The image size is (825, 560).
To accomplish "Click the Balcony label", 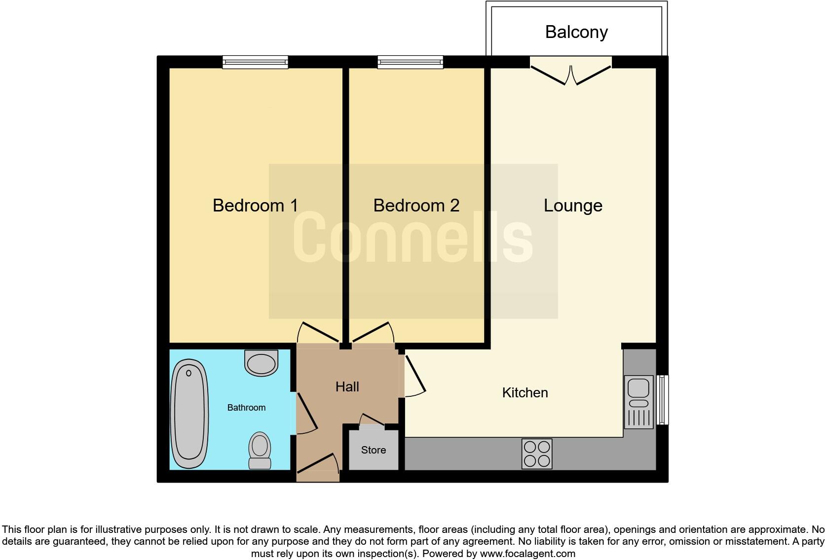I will point(576,32).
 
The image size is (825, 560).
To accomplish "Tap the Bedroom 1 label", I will point(255,205).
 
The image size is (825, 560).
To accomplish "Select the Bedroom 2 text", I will point(416,205).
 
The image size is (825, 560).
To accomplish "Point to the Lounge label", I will point(573,205).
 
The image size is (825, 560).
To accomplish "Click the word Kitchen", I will point(525,392).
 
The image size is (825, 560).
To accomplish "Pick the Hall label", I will point(347,386).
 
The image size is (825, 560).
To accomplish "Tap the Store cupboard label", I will point(373,450).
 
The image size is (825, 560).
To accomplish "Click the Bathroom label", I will point(246,407).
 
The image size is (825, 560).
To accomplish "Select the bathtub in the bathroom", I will point(188,414).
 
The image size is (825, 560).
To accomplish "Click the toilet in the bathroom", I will point(260,450).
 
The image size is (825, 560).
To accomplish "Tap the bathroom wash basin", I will point(261,363).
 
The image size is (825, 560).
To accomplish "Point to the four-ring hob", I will point(537,454).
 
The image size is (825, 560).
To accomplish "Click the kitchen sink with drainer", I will point(638,401).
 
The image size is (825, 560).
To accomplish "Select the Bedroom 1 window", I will point(255,62).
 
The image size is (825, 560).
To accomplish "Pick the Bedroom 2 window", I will point(410,62).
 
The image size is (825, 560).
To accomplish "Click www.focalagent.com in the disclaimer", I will point(527,554).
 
